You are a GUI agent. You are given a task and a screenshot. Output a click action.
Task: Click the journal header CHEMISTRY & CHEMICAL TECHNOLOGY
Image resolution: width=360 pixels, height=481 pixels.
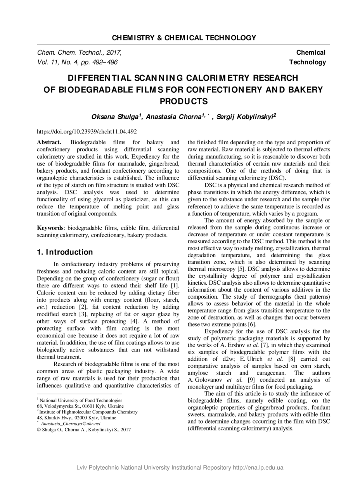pyautogui.click(x=184, y=38)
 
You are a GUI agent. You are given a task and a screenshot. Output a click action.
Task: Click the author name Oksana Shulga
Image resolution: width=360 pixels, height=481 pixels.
pyautogui.click(x=116, y=117)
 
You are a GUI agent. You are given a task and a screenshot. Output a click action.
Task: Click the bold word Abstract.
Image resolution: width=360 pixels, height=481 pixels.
pyautogui.click(x=49, y=142)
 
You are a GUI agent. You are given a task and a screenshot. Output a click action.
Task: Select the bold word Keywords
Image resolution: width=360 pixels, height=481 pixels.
pyautogui.click(x=49, y=228)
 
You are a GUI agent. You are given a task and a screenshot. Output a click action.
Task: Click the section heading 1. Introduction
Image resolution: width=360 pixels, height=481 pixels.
pyautogui.click(x=65, y=252)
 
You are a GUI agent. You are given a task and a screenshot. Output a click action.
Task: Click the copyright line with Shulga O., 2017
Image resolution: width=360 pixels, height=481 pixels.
pyautogui.click(x=84, y=430)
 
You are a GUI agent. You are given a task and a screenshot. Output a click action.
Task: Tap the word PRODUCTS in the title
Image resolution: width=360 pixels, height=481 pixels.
pyautogui.click(x=183, y=102)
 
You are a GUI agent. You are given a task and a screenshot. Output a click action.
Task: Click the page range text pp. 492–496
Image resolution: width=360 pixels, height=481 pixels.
pyautogui.click(x=102, y=62)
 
